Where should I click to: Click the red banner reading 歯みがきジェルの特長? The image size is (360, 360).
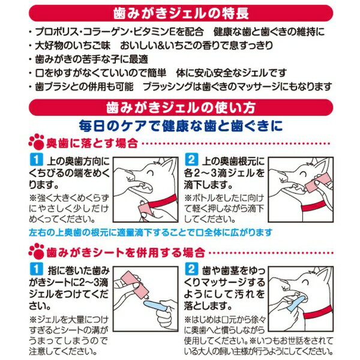point(181,13)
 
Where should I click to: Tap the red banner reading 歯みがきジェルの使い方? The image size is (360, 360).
point(181,107)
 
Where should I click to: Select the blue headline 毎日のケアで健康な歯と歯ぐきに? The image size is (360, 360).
point(181,126)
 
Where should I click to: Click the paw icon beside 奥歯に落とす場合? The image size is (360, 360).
point(37,142)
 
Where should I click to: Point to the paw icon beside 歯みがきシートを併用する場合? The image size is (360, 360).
point(37,251)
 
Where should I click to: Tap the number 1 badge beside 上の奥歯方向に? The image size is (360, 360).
point(36,160)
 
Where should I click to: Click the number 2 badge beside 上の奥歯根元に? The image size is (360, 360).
point(191,160)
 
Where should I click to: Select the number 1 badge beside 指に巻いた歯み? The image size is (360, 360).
point(36,269)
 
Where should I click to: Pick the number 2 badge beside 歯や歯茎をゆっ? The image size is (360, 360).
point(191,269)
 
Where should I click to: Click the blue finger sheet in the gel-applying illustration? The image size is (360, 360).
point(153,306)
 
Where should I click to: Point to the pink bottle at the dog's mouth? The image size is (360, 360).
point(314,183)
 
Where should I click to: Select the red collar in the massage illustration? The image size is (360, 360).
point(318,312)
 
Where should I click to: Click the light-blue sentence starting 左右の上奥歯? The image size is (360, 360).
point(151,233)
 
